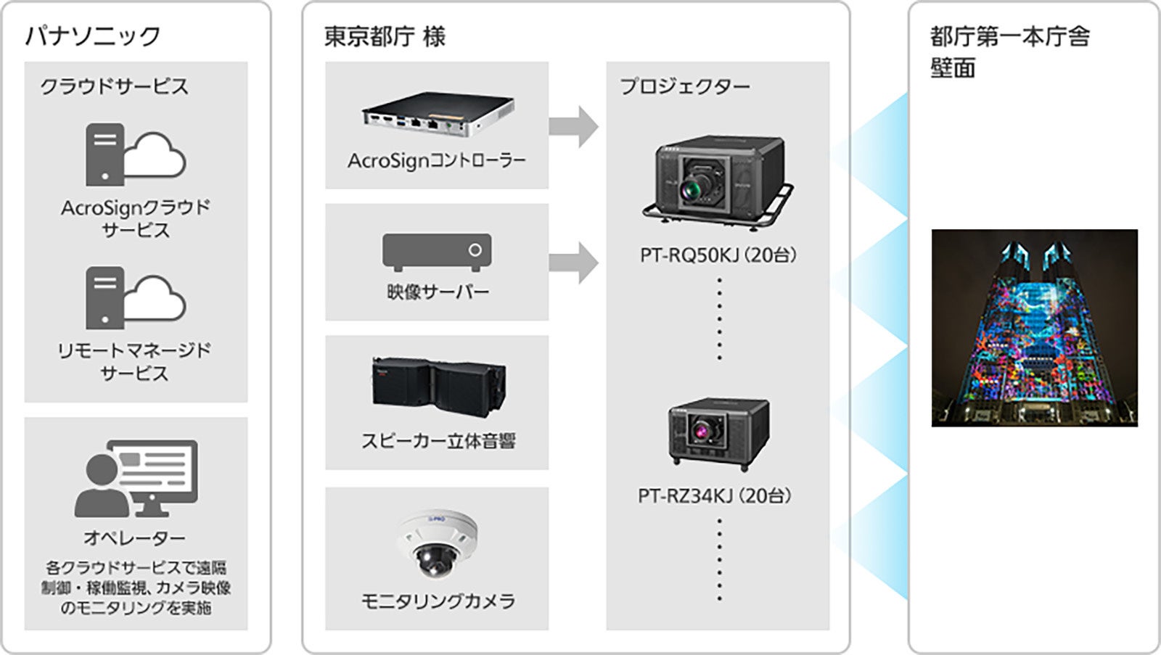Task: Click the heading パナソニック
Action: (93, 36)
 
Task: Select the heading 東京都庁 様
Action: (385, 36)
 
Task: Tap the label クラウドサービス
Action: (114, 86)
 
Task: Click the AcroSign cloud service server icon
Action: (135, 155)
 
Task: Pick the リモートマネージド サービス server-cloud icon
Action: (135, 297)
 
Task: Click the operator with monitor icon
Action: (136, 478)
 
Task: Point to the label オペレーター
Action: (135, 537)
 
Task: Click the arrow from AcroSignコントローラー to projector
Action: (573, 126)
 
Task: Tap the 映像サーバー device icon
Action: (437, 252)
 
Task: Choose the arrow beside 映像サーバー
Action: (573, 263)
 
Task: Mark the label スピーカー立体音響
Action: (438, 440)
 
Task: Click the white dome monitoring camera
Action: (438, 544)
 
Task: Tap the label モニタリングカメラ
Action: (438, 601)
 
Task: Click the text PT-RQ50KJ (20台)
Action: (718, 255)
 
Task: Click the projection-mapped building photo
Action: (1034, 328)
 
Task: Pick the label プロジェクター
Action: (684, 86)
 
